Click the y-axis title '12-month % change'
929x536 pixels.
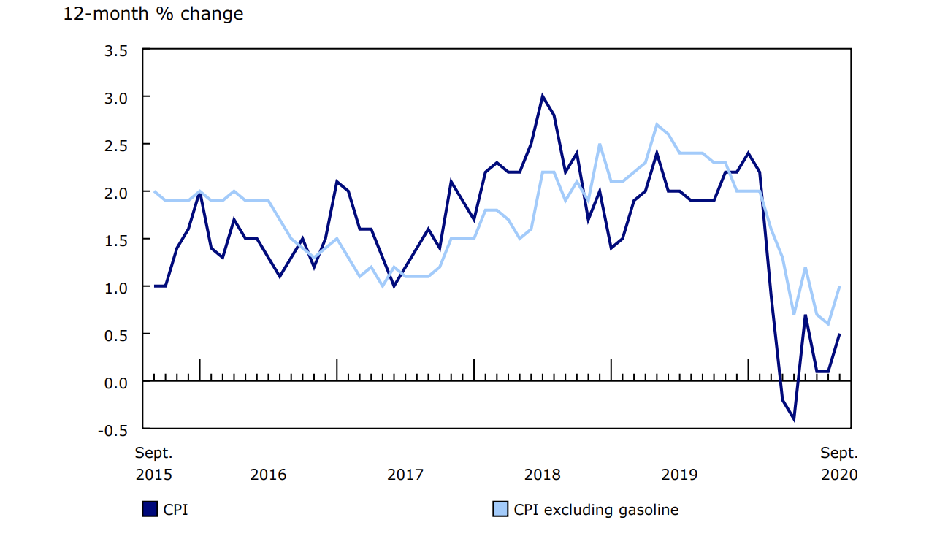(153, 14)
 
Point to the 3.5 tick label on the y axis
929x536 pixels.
(115, 50)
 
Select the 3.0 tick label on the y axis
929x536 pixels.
(115, 98)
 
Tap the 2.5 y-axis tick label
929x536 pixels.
(115, 145)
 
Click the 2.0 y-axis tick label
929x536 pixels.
(115, 193)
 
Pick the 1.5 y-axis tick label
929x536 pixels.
(115, 240)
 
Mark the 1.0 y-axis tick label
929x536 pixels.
(115, 288)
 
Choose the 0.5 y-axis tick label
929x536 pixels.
(115, 335)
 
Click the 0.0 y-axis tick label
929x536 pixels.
(115, 383)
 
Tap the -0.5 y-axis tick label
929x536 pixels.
(112, 430)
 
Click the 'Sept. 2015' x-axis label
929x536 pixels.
(154, 464)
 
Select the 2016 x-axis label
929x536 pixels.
(268, 475)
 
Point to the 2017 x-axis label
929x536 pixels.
(405, 475)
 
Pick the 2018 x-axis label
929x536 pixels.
(543, 475)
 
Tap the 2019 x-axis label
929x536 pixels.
(679, 475)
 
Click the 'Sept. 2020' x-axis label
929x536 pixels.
(839, 464)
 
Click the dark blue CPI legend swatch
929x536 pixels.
(149, 510)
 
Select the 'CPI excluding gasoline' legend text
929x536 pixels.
(596, 510)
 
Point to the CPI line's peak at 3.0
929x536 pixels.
(542, 96)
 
